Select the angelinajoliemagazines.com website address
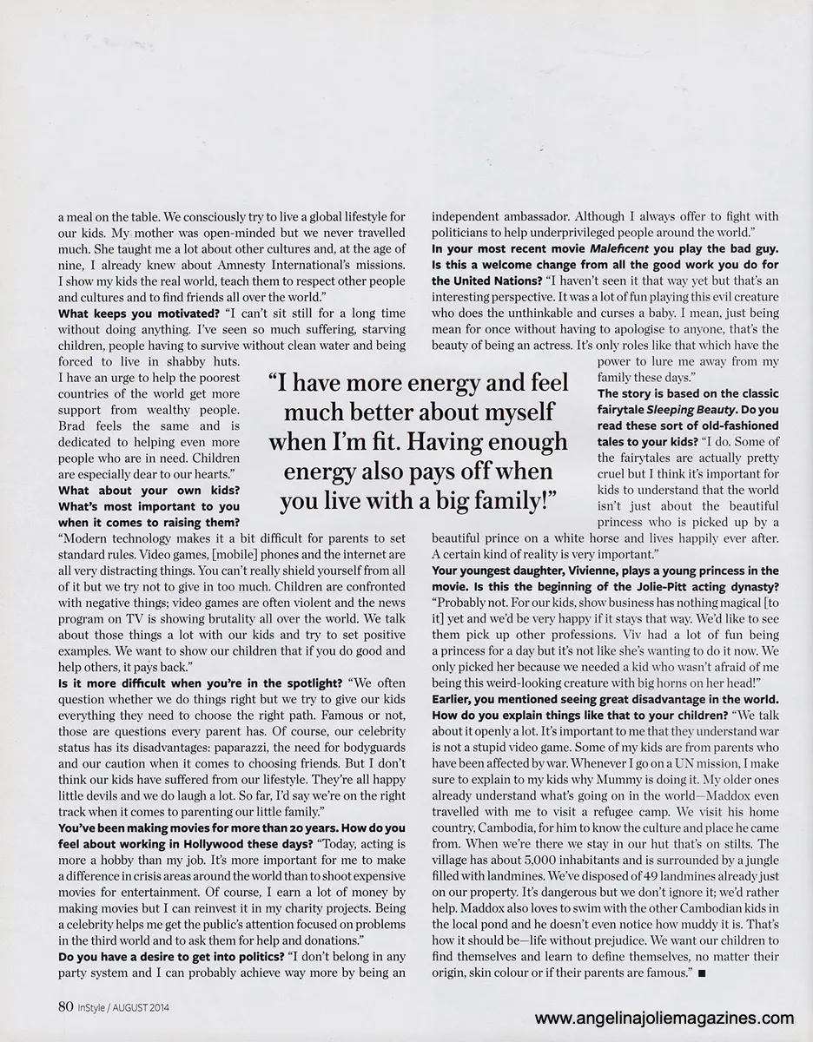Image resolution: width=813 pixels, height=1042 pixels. tap(664, 1018)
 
